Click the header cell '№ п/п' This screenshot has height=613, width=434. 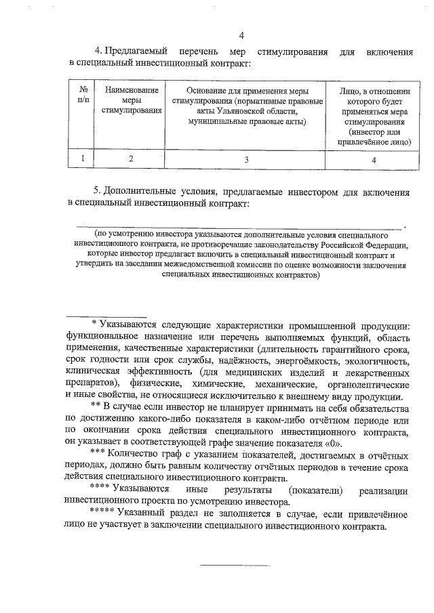[x=83, y=94]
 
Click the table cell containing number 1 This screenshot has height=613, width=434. [x=83, y=158]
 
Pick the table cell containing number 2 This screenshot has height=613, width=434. [x=132, y=158]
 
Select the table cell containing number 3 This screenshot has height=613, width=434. [x=247, y=158]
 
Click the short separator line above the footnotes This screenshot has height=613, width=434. [x=106, y=316]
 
